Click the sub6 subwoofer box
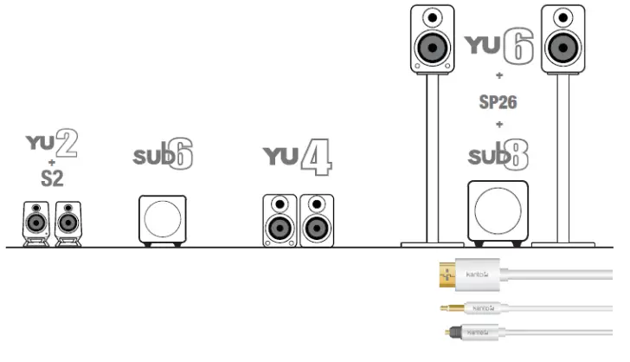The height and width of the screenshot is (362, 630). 162,219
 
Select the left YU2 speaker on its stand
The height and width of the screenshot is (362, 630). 35,223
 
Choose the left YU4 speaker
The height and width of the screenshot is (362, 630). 280,221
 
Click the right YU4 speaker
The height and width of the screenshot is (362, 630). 316,221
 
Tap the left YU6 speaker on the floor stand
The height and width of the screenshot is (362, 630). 432,39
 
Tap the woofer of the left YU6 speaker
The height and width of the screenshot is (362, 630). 432,48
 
